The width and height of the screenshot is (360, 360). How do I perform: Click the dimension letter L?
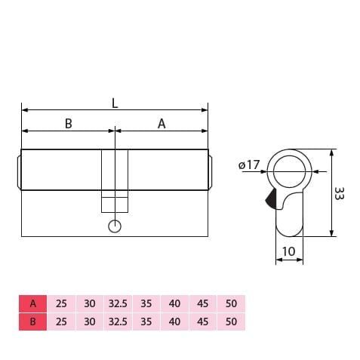click(x=115, y=103)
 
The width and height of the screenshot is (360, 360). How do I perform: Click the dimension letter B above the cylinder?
click(x=68, y=124)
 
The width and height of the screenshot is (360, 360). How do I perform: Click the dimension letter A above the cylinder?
click(x=161, y=124)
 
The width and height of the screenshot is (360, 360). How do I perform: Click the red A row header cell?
click(x=32, y=304)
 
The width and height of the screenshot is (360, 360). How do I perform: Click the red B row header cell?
click(x=32, y=321)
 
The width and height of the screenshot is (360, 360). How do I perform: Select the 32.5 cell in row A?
click(x=117, y=304)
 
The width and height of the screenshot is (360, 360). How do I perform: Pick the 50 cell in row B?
click(x=231, y=321)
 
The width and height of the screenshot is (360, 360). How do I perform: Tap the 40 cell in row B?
click(x=174, y=321)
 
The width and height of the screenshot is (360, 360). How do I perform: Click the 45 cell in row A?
click(x=202, y=304)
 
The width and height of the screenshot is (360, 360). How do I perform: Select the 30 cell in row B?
click(x=89, y=321)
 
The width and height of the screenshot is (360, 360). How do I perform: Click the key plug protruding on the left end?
click(x=18, y=171)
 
